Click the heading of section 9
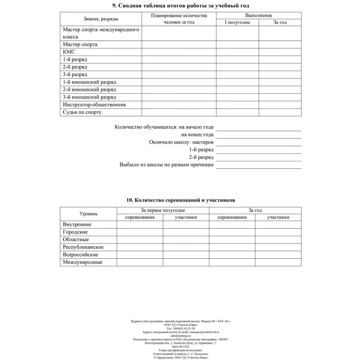[180, 6]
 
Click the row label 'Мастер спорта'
[80, 45]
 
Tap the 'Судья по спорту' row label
[82, 112]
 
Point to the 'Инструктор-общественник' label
[94, 105]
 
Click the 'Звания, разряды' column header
[101, 19]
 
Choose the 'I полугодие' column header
[237, 22]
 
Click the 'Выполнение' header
[258, 15]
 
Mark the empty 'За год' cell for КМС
[279, 52]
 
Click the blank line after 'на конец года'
[258, 135]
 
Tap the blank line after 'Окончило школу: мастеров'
[258, 142]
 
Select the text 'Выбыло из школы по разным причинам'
[166, 165]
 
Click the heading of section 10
[180, 200]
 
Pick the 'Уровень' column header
[88, 214]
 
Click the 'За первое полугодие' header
[163, 210]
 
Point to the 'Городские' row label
[75, 232]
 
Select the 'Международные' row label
[82, 262]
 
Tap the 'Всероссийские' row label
[81, 255]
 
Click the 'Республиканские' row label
[83, 247]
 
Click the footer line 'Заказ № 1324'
[180, 346]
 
